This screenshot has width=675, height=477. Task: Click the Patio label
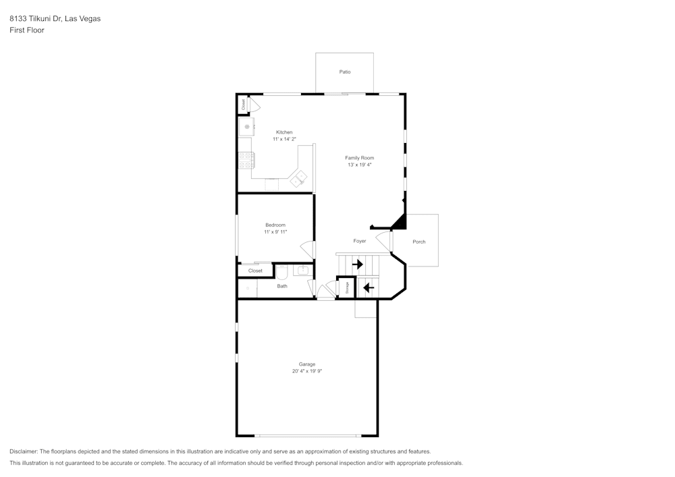pos(345,72)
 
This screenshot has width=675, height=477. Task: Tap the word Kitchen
pos(284,132)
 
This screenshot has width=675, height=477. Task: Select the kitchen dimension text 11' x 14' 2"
pos(284,139)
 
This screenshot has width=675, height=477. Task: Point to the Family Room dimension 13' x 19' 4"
pos(360,165)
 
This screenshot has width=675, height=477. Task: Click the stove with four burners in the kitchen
pos(246,160)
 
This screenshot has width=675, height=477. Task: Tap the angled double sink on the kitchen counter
pos(298,178)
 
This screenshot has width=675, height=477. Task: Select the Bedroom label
pos(275,225)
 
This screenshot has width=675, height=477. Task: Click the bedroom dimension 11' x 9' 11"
pos(275,232)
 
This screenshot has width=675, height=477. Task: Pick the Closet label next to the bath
pos(255,271)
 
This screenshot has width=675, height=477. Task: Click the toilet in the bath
pos(282,272)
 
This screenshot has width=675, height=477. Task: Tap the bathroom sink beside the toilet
pos(302,271)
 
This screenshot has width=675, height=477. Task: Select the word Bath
pos(282,286)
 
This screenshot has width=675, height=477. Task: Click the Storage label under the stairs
pos(347,288)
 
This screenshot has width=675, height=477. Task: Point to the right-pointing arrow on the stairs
pos(358,264)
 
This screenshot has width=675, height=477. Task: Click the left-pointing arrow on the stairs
pos(369,288)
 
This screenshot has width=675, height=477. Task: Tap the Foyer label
pos(360,241)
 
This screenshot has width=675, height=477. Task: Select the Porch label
pos(419,242)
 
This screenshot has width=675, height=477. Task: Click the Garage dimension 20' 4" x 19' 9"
pos(307,371)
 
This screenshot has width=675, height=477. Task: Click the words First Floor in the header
pos(27,30)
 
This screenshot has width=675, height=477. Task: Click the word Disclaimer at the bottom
pos(24,451)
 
